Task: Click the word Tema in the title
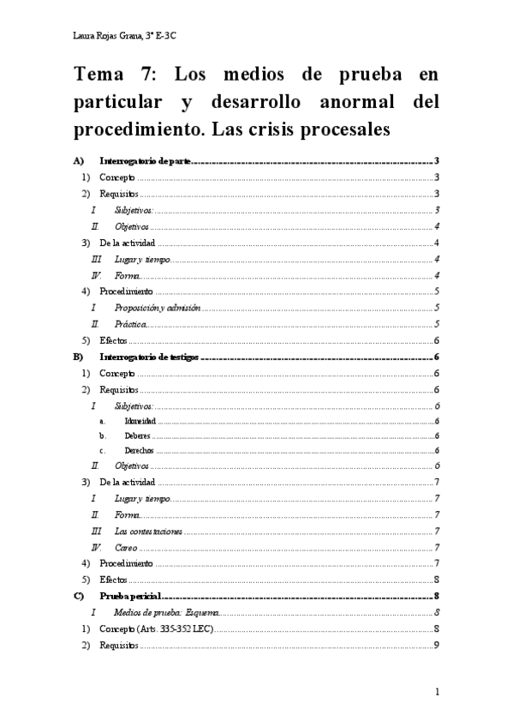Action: coord(99,76)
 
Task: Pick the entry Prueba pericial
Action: coord(130,596)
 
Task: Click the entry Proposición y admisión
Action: coord(157,308)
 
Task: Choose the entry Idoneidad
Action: coord(140,422)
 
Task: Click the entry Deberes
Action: coord(137,436)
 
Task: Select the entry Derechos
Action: coord(138,450)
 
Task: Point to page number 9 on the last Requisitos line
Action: coord(437,646)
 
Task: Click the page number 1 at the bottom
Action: coord(437,692)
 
